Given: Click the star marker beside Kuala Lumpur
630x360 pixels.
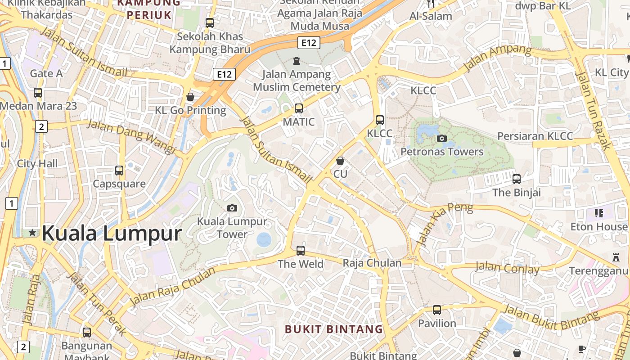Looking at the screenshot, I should click(32, 233).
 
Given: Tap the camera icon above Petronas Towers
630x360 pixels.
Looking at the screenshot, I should click(442, 138).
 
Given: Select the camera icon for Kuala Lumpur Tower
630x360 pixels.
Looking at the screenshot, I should click(232, 207).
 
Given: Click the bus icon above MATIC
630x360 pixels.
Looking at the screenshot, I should click(299, 108).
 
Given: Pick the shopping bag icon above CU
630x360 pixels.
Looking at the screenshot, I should click(340, 160).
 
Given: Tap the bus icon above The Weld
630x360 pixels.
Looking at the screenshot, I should click(300, 251).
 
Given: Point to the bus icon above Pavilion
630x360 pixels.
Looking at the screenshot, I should click(437, 310).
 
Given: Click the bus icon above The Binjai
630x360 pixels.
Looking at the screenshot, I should click(517, 179).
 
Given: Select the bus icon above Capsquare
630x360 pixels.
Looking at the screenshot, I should click(119, 171).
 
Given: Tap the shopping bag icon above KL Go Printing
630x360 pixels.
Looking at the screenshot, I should click(190, 97).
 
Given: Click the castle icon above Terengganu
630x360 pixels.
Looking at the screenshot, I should click(616, 257).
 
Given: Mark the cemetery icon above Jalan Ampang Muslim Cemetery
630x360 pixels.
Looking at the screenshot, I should click(296, 60).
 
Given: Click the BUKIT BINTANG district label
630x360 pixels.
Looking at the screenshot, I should click(334, 329).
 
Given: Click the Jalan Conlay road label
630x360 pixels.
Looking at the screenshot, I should click(507, 268).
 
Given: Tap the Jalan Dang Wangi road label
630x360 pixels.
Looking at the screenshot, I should click(131, 136).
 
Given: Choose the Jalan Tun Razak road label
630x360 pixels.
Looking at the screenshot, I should click(593, 110).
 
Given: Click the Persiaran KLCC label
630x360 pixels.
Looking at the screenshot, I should click(535, 136).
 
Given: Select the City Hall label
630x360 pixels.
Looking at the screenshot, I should click(37, 163).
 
